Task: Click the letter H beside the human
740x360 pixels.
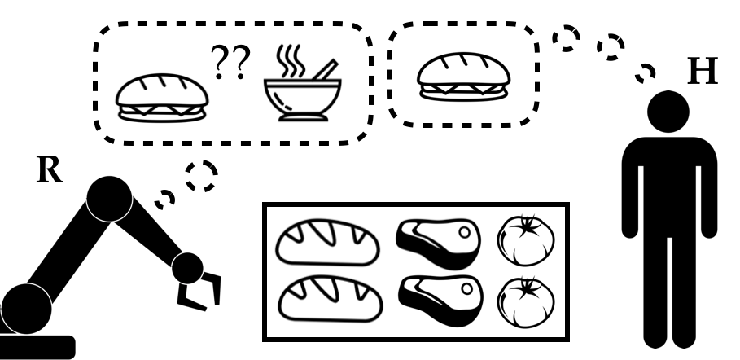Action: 703,72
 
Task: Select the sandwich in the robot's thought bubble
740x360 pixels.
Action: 160,99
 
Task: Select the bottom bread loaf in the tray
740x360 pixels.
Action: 328,297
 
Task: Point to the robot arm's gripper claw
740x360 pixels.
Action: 200,292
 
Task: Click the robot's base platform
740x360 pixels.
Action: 37,346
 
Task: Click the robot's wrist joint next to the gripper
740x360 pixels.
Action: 188,266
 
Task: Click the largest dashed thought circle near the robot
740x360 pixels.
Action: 201,175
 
